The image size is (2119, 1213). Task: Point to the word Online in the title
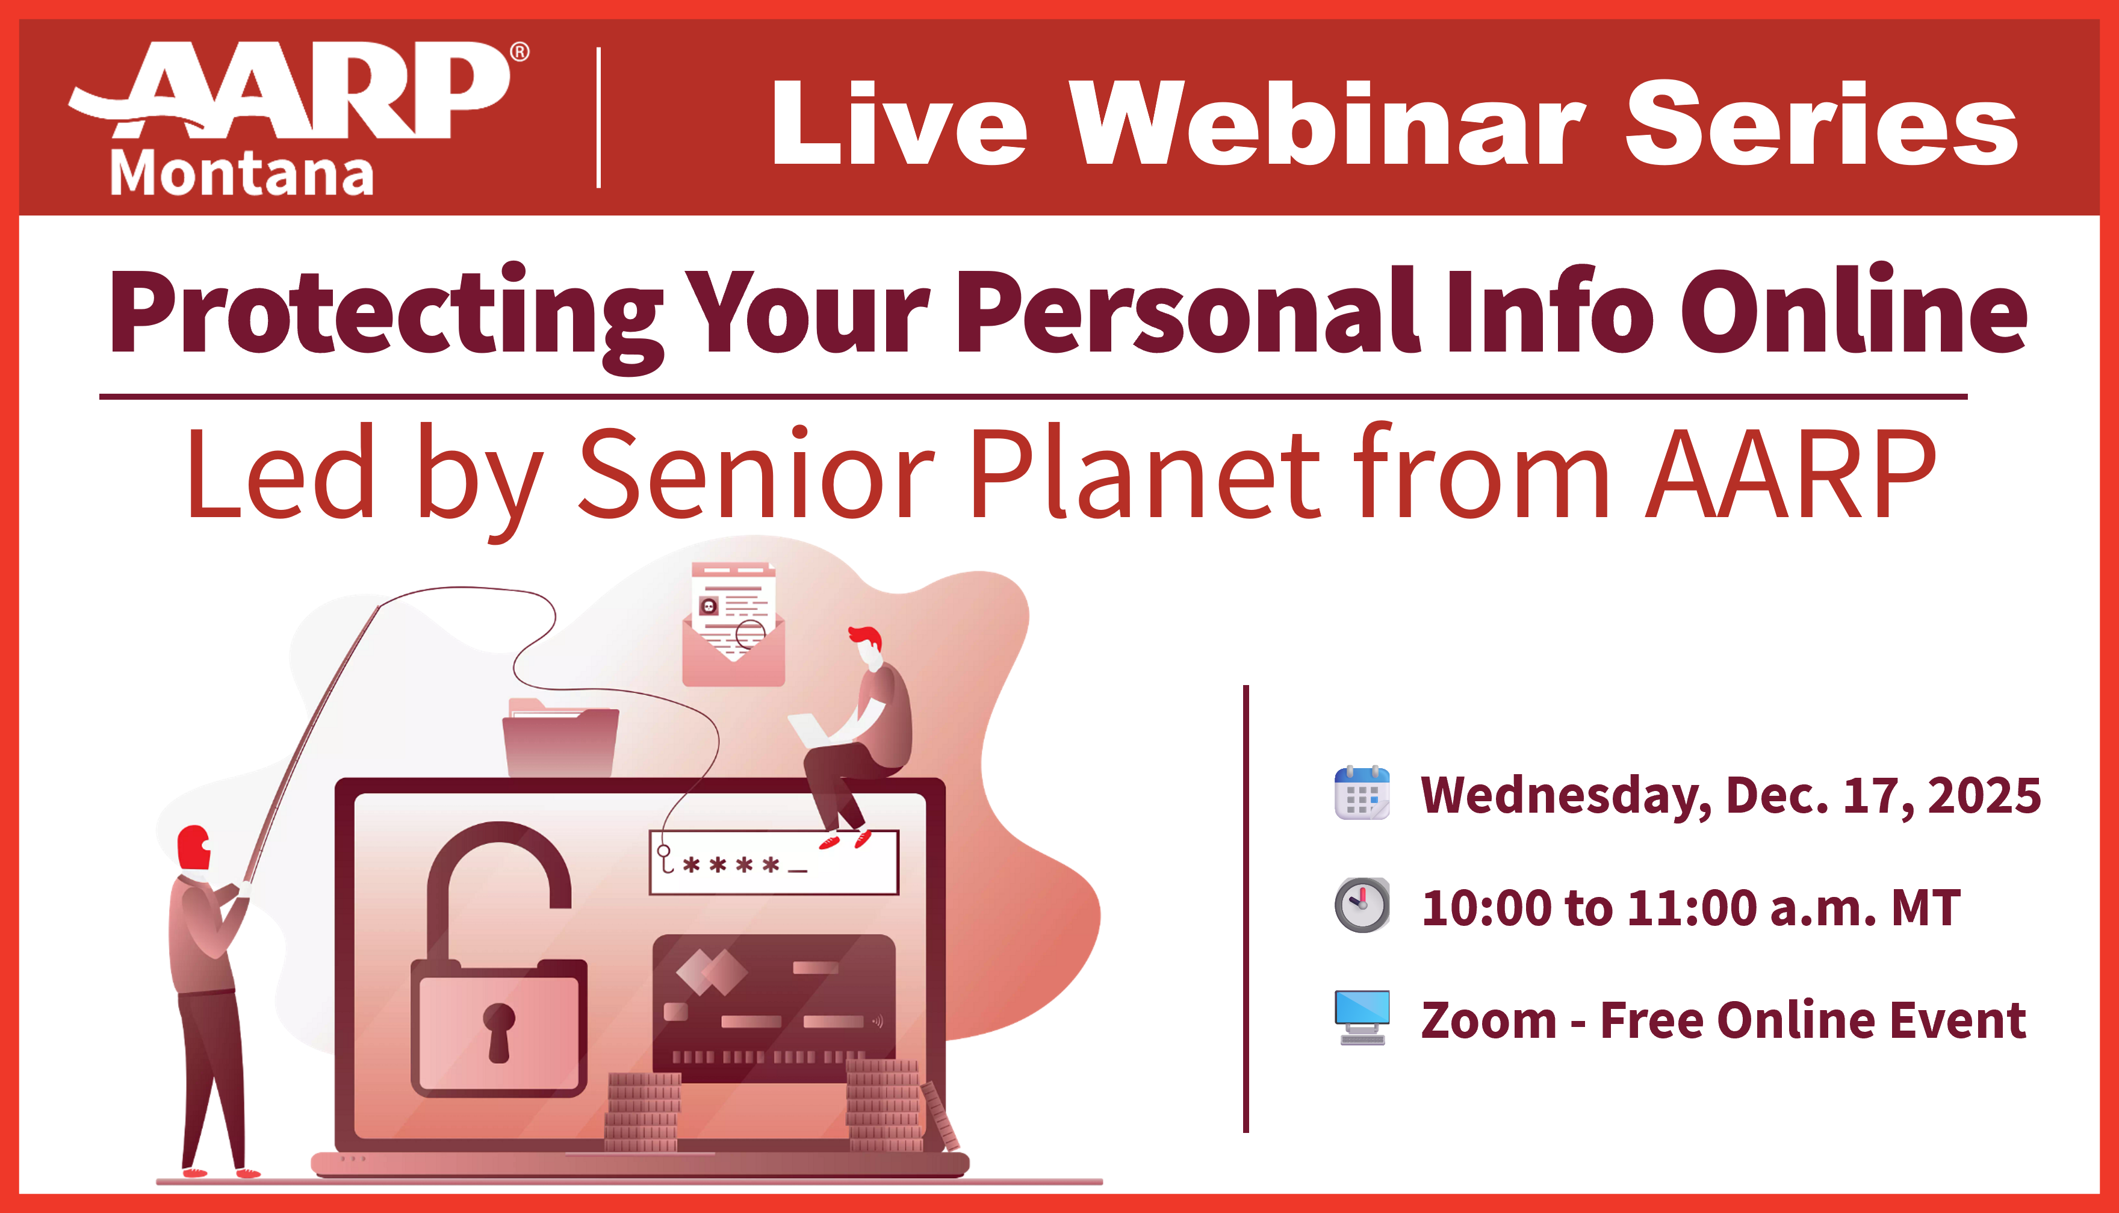pyautogui.click(x=1854, y=312)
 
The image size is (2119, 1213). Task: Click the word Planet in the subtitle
pyautogui.click(x=1146, y=475)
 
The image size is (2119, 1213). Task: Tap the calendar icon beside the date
pyautogui.click(x=1362, y=793)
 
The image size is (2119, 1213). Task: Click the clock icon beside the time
pyautogui.click(x=1362, y=905)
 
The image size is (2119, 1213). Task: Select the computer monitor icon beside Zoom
pyautogui.click(x=1362, y=1016)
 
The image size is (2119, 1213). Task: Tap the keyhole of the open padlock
pyautogui.click(x=499, y=1029)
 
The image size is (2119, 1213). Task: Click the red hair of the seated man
pyautogui.click(x=866, y=638)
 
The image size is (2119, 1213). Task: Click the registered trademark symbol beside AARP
pyautogui.click(x=519, y=52)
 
